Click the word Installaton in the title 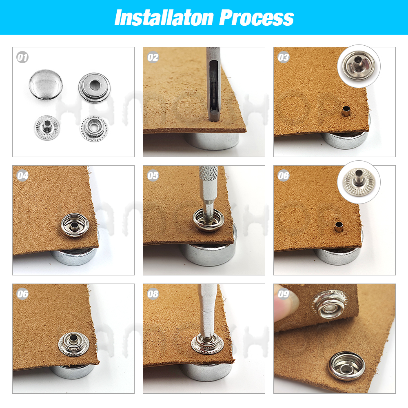(x=164, y=18)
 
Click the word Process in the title (x=257, y=18)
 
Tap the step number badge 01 (x=22, y=58)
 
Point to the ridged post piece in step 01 (x=47, y=128)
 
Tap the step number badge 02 (x=153, y=58)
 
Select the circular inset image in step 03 (x=359, y=66)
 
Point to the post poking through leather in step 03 (x=346, y=111)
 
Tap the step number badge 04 (x=22, y=176)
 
